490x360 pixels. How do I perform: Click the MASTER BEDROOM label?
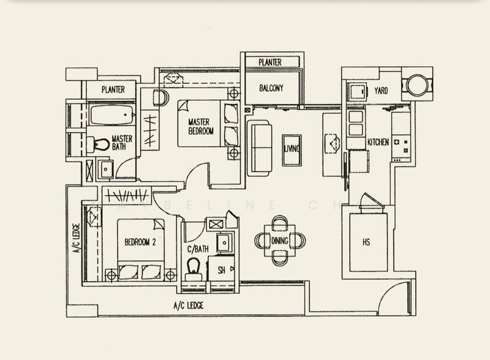pyautogui.click(x=200, y=126)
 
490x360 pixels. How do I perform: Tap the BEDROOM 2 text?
pyautogui.click(x=140, y=242)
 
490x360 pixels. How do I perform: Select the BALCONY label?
pyautogui.click(x=271, y=88)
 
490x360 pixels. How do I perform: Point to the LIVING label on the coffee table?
pyautogui.click(x=292, y=149)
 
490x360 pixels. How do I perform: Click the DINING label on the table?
pyautogui.click(x=280, y=241)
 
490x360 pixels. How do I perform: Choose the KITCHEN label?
pyautogui.click(x=378, y=142)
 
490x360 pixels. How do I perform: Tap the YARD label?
pyautogui.click(x=381, y=91)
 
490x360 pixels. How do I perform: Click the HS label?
pyautogui.click(x=366, y=242)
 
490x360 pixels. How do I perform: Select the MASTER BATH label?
pyautogui.click(x=122, y=143)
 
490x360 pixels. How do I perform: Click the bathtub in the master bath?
pyautogui.click(x=111, y=115)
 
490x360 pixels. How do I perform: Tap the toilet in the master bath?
pyautogui.click(x=98, y=144)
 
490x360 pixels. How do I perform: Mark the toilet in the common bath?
pyautogui.click(x=194, y=268)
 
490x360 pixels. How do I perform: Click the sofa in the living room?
pyautogui.click(x=260, y=148)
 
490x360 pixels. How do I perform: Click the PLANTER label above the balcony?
pyautogui.click(x=269, y=62)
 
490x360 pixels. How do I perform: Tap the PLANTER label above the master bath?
pyautogui.click(x=113, y=90)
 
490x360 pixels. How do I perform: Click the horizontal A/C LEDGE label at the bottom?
pyautogui.click(x=189, y=306)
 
